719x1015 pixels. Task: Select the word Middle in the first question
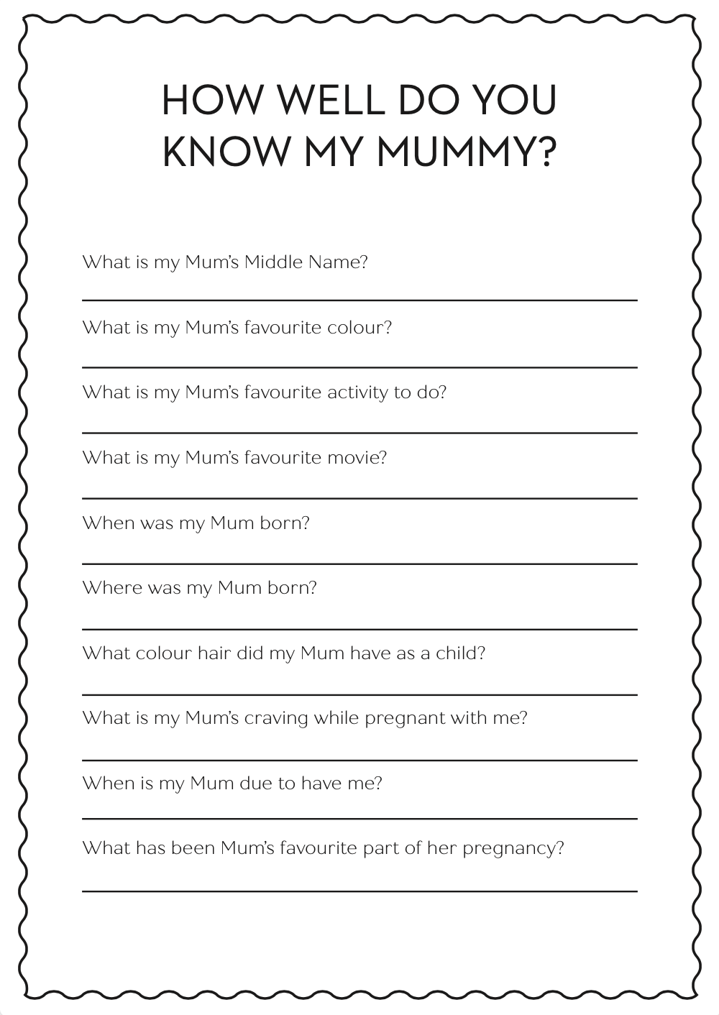[273, 262]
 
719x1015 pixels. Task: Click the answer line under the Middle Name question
[359, 300]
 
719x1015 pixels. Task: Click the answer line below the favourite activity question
[359, 433]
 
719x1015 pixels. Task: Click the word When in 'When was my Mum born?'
[109, 523]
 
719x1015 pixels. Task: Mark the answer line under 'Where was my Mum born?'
[359, 629]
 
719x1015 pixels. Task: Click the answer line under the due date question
[359, 819]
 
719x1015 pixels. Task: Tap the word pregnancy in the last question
[513, 849]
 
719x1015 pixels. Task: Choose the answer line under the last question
[359, 891]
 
